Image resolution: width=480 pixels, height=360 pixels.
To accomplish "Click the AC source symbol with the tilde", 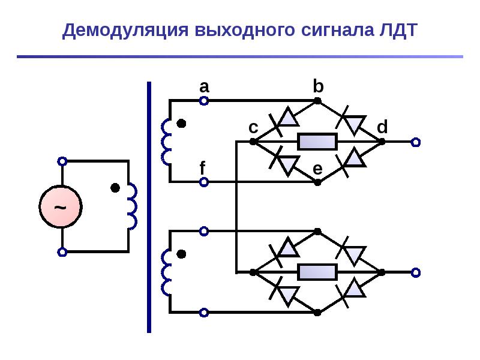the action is click(61, 206).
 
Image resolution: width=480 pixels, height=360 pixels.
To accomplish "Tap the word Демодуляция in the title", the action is click(125, 31).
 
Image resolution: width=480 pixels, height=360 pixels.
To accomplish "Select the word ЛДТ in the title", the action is click(398, 31).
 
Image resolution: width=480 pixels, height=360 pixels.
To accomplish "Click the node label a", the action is click(204, 87).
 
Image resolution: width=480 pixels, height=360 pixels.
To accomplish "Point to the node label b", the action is click(318, 86).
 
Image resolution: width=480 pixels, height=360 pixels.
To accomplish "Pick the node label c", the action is click(253, 128).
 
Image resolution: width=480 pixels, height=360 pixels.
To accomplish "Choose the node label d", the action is click(382, 127).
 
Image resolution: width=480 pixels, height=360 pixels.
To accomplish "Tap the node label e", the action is click(317, 169).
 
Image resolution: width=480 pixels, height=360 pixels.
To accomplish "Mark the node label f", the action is click(202, 168).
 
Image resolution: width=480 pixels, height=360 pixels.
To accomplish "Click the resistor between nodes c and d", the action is click(317, 142).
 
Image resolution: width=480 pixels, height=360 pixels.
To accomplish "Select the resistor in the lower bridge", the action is click(317, 272).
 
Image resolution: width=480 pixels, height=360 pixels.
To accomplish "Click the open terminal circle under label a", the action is click(204, 101).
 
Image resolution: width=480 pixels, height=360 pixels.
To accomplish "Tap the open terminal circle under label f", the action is click(204, 182).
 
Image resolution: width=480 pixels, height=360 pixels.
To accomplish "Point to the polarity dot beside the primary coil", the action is click(115, 188).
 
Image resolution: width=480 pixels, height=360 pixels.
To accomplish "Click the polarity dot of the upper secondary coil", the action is click(182, 124).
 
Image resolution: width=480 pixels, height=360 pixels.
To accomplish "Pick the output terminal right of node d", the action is click(415, 142).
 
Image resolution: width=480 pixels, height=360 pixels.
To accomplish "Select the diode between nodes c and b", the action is click(284, 121).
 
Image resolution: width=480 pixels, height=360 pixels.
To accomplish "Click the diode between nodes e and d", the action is click(351, 161).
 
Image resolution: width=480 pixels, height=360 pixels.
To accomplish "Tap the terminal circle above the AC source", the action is click(62, 161).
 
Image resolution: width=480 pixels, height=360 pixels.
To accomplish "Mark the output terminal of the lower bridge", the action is click(415, 272).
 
